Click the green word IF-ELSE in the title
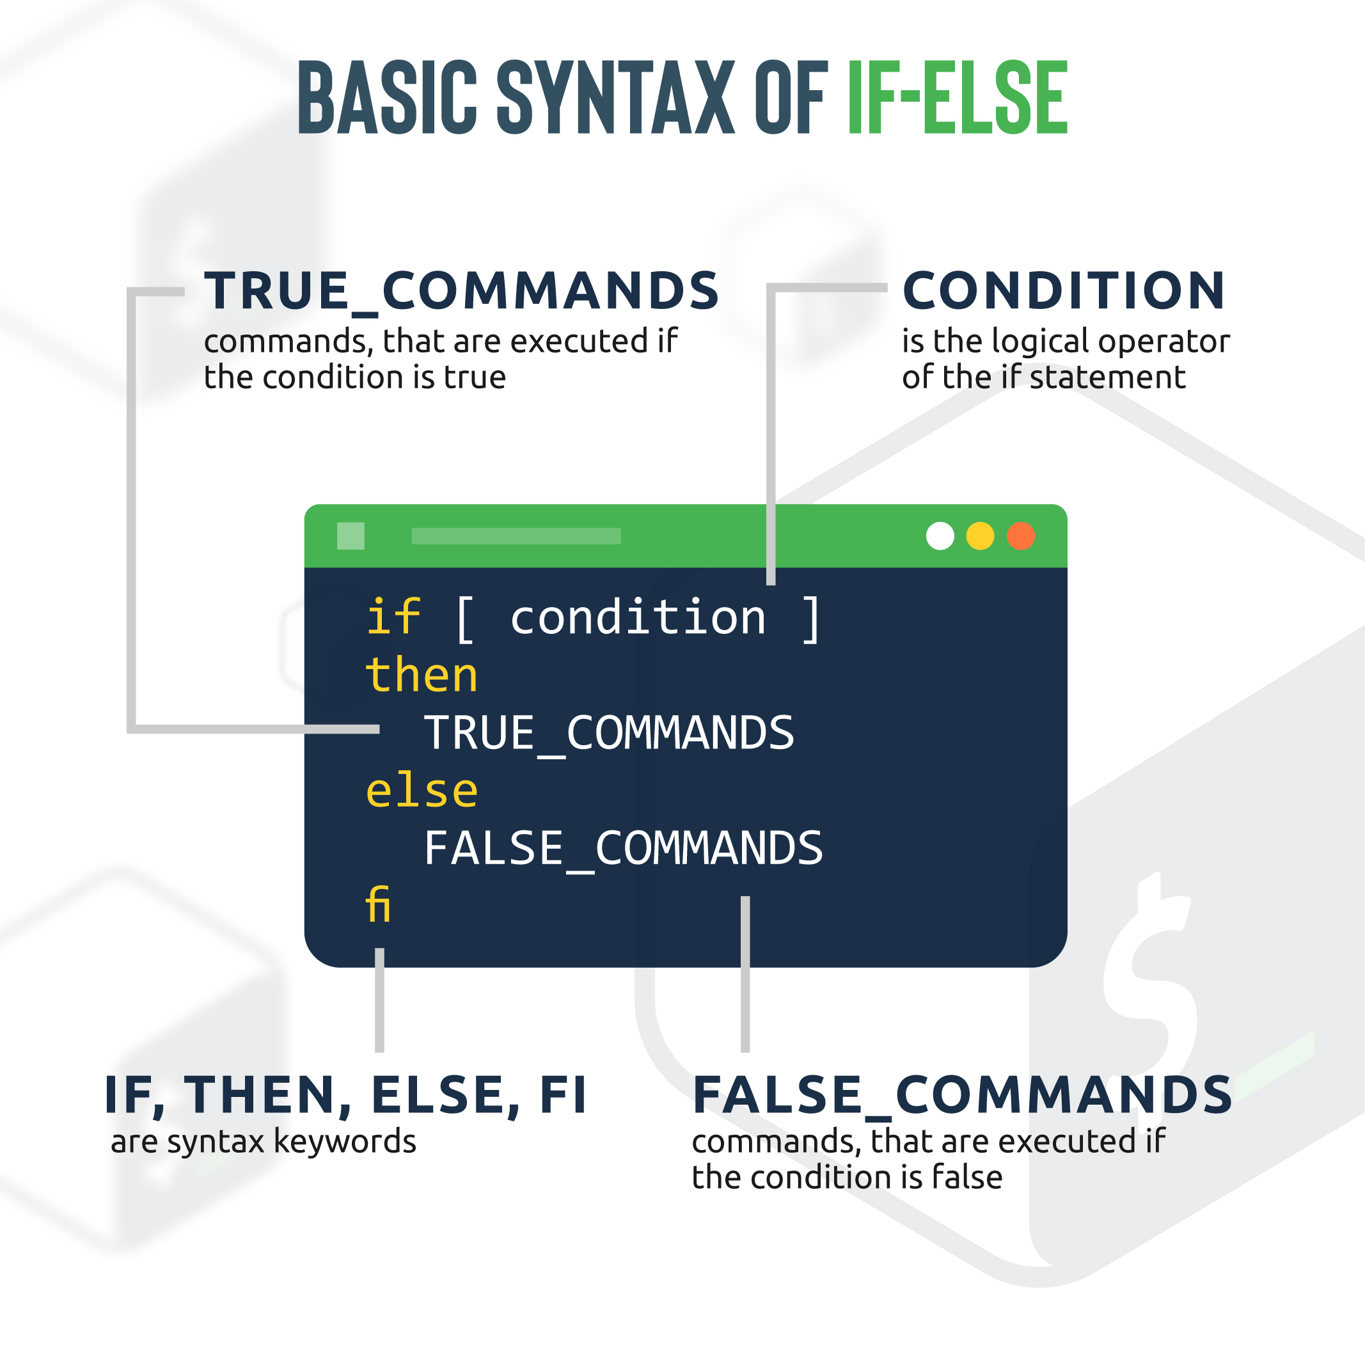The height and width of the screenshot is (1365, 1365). [958, 97]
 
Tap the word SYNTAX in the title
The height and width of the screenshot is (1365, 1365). [616, 97]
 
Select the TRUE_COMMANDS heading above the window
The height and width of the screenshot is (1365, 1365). [461, 291]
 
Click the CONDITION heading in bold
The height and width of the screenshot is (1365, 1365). [1064, 290]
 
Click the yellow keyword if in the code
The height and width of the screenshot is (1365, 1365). [393, 616]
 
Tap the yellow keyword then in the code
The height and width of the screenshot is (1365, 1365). [422, 674]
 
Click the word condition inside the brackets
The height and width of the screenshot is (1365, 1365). [638, 617]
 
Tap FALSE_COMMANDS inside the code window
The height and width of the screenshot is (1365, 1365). [623, 849]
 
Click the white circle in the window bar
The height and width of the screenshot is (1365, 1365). [940, 535]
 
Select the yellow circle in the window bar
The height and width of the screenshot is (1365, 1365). [980, 535]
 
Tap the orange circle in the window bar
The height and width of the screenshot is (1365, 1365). [1021, 535]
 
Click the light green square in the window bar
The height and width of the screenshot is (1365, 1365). [351, 535]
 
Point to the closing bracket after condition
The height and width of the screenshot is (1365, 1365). [811, 619]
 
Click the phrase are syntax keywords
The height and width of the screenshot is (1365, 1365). [264, 1142]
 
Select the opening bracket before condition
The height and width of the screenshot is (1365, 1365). [465, 619]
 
